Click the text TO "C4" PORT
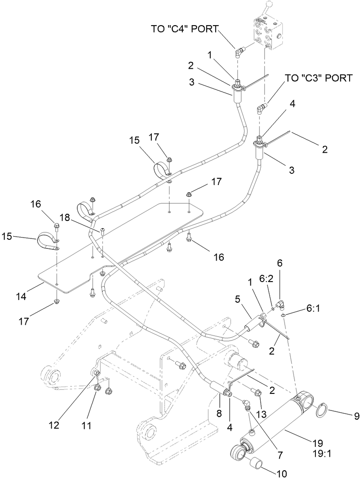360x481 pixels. point(184,30)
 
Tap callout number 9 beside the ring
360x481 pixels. point(356,416)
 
